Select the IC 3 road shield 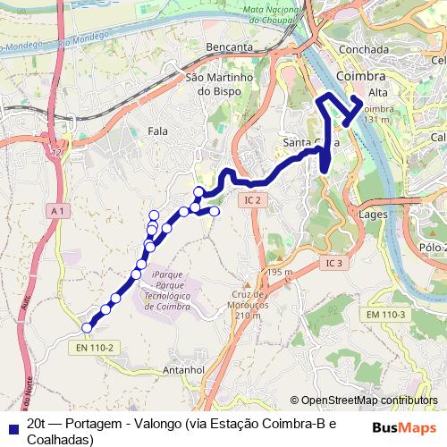point(334,263)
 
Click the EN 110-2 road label point(95,348)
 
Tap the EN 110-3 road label point(386,314)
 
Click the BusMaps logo point(404,426)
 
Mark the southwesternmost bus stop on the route point(87,327)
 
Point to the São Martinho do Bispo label point(221,84)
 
